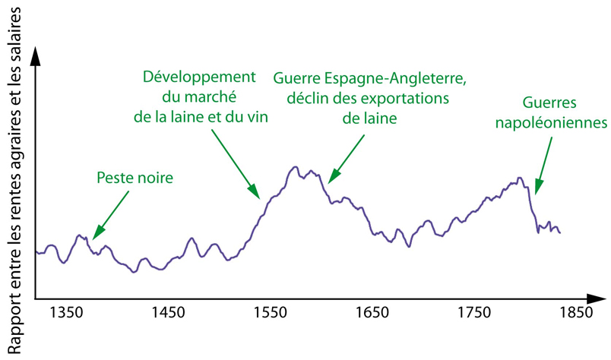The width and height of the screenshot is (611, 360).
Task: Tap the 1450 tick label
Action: (x=166, y=312)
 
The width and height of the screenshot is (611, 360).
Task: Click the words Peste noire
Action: (x=135, y=178)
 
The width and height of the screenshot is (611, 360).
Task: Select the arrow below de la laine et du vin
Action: (x=236, y=163)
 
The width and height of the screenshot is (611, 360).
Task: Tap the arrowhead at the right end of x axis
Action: (x=598, y=296)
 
